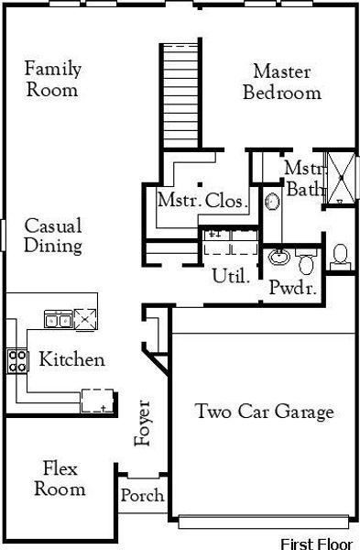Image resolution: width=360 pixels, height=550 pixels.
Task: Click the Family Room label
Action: [x=52, y=79]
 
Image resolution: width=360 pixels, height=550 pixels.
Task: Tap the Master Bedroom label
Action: [x=282, y=82]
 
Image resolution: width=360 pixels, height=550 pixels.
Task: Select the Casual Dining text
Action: [x=52, y=236]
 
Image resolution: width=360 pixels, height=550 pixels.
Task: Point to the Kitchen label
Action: [x=71, y=360]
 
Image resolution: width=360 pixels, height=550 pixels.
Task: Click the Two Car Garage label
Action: [x=264, y=412]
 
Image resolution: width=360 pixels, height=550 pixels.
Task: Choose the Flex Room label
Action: [x=60, y=479]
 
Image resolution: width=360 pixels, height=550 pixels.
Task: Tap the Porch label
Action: [x=143, y=496]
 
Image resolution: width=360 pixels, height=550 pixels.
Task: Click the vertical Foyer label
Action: [x=142, y=423]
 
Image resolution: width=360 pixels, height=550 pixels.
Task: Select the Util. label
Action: [x=230, y=275]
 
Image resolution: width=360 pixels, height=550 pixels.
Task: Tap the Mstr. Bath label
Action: [x=302, y=179]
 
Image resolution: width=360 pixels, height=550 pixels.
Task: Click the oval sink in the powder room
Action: [x=279, y=258]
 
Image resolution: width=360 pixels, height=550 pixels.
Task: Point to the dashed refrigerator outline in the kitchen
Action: [x=98, y=400]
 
